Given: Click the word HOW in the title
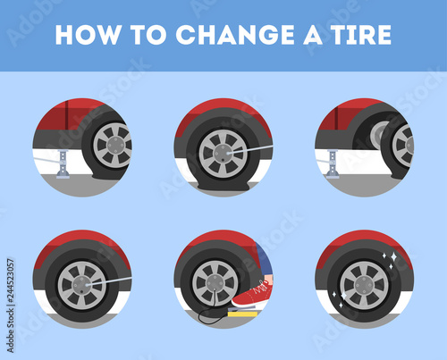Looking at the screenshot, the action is pyautogui.click(x=88, y=35).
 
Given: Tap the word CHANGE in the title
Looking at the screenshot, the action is pyautogui.click(x=235, y=35).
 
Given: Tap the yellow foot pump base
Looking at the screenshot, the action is pyautogui.click(x=242, y=314).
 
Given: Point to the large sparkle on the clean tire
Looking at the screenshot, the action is pyautogui.click(x=393, y=256).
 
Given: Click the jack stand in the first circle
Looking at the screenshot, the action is pyautogui.click(x=63, y=164).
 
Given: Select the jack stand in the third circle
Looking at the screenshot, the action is pyautogui.click(x=333, y=163).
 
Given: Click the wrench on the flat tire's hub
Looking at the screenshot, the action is pyautogui.click(x=249, y=149).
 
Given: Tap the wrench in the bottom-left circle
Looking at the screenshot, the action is pyautogui.click(x=108, y=281).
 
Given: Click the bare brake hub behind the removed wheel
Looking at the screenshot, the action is pyautogui.click(x=378, y=135).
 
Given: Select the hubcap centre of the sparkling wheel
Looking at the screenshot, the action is pyautogui.click(x=364, y=286).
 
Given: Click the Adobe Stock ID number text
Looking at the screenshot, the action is pyautogui.click(x=11, y=306).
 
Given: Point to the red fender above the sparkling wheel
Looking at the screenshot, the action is pyautogui.click(x=364, y=244).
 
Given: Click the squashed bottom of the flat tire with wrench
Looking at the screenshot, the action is pyautogui.click(x=223, y=185).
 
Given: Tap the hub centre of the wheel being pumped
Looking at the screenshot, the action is pyautogui.click(x=215, y=283).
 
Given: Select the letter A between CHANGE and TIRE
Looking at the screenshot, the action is pyautogui.click(x=313, y=35).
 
